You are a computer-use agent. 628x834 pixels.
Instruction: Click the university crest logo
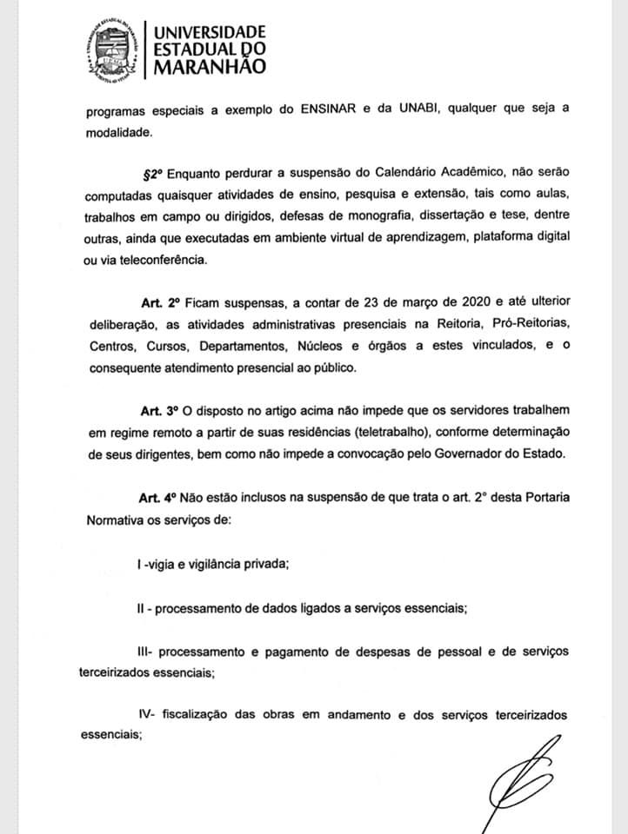(110, 49)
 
